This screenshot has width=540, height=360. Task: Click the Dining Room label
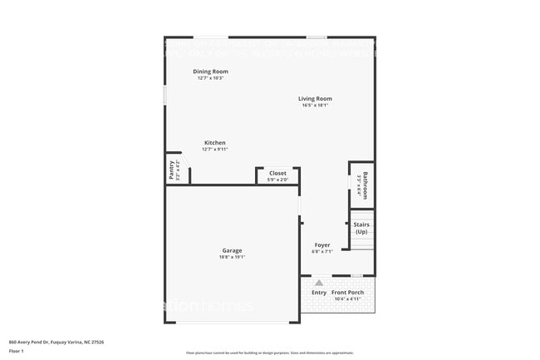pos(210,72)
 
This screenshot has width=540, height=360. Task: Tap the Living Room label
pos(315,99)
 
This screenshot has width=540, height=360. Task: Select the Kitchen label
pos(215,143)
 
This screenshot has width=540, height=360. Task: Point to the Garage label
pos(232,250)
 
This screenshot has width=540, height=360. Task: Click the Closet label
pos(277,173)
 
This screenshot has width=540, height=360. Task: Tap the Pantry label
pos(172,170)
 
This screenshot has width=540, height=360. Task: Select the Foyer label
pos(322,245)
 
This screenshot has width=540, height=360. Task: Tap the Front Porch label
pos(349,293)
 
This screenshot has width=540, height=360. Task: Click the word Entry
pos(319,293)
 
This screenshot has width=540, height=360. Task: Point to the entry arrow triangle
pos(318,283)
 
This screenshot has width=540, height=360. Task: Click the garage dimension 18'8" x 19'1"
pos(232,257)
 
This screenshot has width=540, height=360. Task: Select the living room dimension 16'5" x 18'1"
pos(315,106)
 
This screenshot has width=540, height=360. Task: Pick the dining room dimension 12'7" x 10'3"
pos(210,78)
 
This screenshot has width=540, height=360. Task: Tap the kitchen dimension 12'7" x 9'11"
pos(215,150)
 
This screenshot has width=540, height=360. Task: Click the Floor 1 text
pos(16,351)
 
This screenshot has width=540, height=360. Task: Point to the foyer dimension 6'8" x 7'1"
pos(322,252)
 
